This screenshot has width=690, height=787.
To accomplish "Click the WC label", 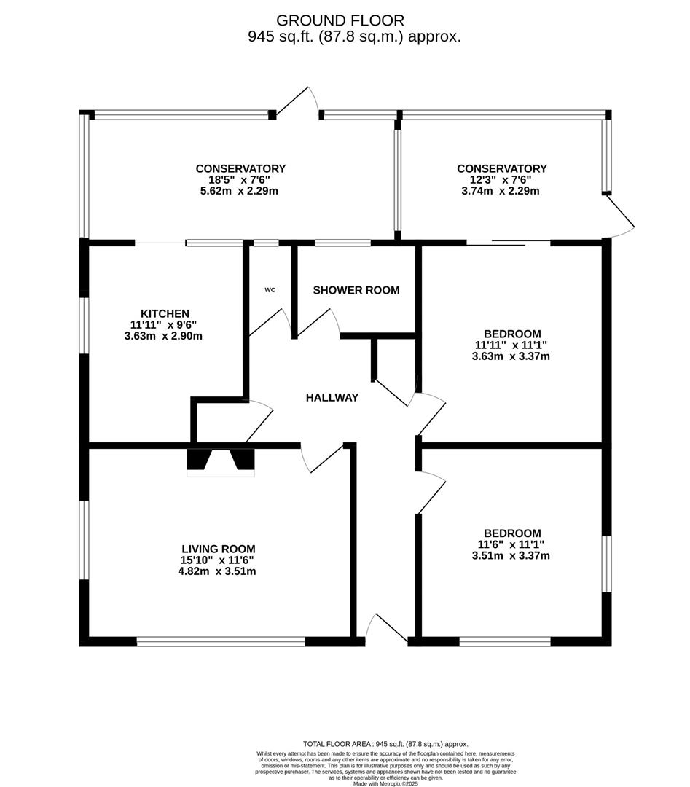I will tap(270, 290).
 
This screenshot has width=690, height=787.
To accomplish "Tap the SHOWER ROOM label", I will tap(356, 290).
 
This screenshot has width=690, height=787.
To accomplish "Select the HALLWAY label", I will tap(332, 398).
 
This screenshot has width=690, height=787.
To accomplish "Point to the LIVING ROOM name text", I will tap(219, 549).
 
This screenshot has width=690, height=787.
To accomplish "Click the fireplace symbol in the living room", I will tap(221, 462).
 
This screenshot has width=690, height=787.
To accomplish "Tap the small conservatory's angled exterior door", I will tap(619, 216).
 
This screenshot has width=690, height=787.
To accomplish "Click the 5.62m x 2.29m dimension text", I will tap(240, 191).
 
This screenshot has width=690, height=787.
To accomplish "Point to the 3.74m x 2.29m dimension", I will tap(502, 191).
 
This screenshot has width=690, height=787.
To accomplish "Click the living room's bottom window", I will tap(221, 641).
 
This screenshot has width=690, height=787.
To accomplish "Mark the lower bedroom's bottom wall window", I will tap(505, 641).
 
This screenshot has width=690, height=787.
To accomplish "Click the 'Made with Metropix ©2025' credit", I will tap(385, 783).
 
